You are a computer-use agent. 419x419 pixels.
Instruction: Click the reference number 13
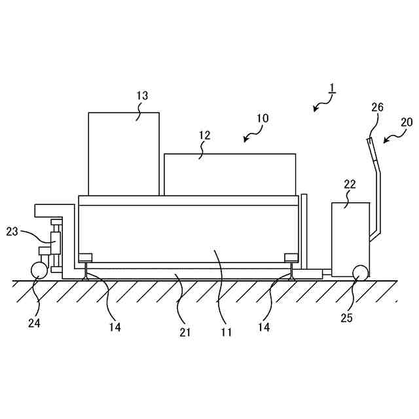[x=142, y=96]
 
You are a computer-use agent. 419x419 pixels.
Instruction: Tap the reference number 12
[x=204, y=136]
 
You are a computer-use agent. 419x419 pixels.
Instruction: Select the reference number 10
[x=262, y=118]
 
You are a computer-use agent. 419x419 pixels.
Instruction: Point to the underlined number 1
[x=332, y=88]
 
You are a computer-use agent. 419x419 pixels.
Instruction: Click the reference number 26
[x=377, y=107]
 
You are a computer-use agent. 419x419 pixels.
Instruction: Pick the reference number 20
[x=407, y=122]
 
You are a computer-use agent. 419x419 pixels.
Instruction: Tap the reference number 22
[x=350, y=184]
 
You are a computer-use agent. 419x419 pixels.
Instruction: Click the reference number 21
[x=185, y=332]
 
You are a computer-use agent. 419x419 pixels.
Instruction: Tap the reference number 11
[x=226, y=332]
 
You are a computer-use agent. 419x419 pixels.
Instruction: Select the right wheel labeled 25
[x=359, y=273]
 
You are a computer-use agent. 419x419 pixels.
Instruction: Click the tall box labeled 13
[x=124, y=154]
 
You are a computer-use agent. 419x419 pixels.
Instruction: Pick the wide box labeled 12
[x=229, y=174]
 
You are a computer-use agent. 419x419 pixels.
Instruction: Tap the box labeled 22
[x=350, y=236]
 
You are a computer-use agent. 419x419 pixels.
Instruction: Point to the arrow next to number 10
[x=250, y=136]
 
